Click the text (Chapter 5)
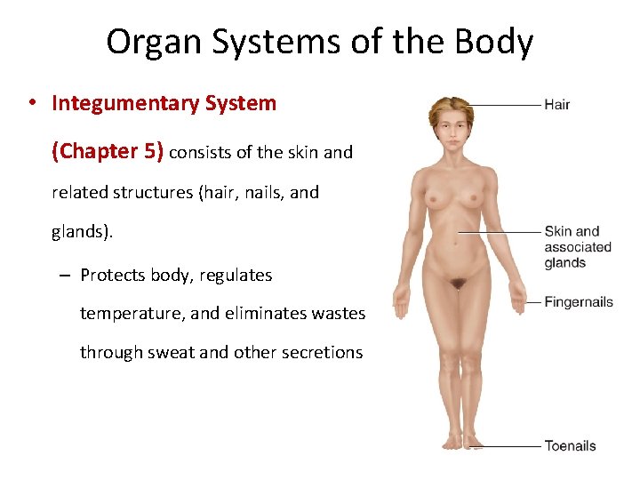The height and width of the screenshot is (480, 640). (108, 151)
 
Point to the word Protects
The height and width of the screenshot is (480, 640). (112, 275)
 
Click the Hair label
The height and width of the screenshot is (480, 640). (556, 105)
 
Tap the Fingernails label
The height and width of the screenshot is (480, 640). (579, 302)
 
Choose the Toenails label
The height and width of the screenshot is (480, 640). (570, 445)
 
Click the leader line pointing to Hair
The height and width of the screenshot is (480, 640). (507, 105)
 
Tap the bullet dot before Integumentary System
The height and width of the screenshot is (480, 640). (31, 104)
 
